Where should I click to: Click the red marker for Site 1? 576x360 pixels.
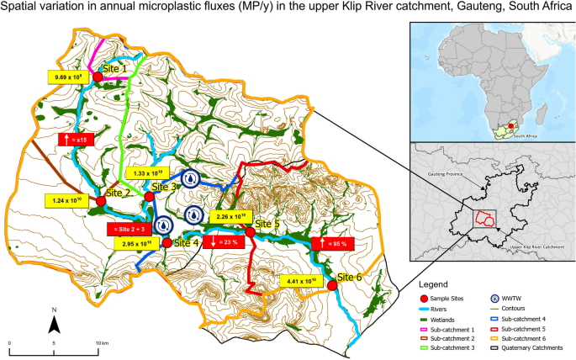click(98, 77)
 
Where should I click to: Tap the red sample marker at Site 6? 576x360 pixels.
click(332, 285)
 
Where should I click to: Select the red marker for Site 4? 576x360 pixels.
click(166, 242)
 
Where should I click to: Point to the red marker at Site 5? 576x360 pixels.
click(250, 231)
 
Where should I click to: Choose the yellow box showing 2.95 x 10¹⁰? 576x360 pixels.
click(135, 242)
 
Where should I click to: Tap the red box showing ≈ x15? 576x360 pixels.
click(73, 138)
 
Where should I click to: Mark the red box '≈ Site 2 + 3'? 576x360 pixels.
click(129, 228)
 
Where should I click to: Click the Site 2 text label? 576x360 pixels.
click(118, 193)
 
